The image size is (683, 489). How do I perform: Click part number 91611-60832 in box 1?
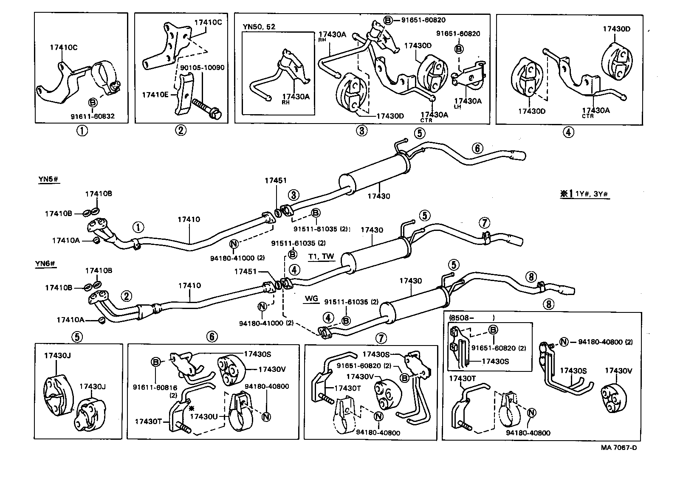(93, 116)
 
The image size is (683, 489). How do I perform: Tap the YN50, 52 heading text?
(259, 27)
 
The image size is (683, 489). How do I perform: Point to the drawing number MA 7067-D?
(619, 447)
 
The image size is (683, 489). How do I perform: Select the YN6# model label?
(45, 264)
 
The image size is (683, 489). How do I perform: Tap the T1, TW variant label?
(321, 256)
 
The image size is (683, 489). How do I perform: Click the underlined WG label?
(311, 298)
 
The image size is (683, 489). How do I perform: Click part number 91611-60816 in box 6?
(155, 387)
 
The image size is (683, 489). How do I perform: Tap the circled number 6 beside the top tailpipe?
(477, 148)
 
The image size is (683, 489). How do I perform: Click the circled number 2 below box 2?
(180, 130)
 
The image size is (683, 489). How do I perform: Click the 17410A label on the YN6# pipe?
(71, 319)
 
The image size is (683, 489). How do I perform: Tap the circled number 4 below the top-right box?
(569, 132)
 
